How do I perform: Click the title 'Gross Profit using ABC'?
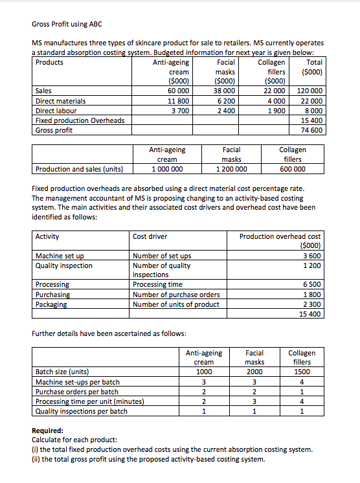click(67, 24)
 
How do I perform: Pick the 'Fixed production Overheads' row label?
click(73, 120)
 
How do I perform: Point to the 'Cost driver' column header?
click(150, 237)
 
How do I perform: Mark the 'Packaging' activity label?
click(51, 304)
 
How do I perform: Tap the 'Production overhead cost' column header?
click(280, 237)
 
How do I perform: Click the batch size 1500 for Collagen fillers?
click(302, 372)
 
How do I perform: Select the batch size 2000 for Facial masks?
click(254, 372)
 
